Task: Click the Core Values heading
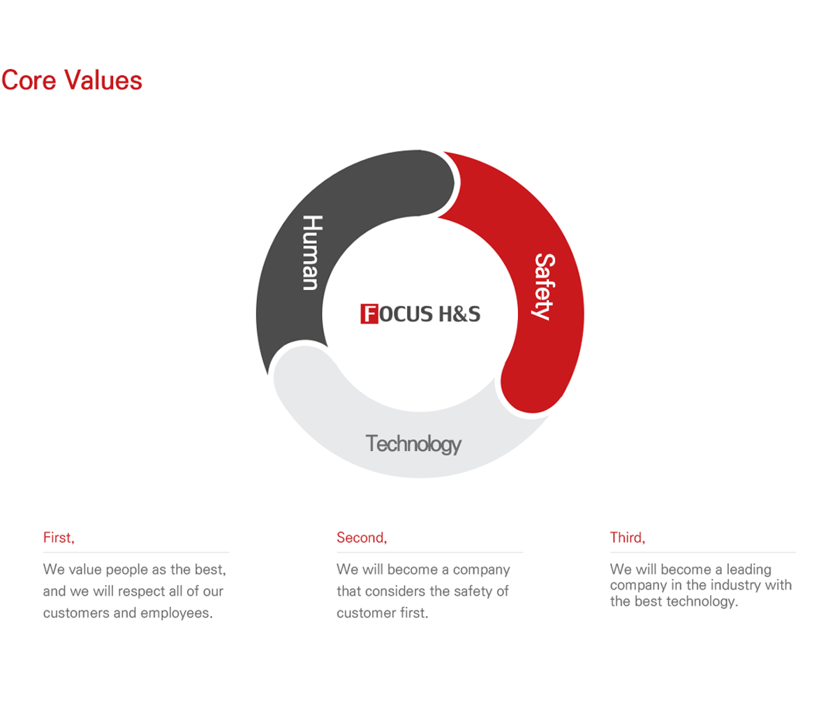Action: click(72, 80)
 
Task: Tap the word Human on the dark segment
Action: click(312, 252)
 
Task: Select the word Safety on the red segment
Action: click(544, 287)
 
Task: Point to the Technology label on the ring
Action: click(413, 444)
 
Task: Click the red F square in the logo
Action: click(369, 314)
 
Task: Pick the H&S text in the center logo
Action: click(459, 314)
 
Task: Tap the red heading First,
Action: click(59, 538)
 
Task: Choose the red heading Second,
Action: click(362, 538)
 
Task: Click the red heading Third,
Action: click(628, 538)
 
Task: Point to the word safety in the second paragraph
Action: click(473, 591)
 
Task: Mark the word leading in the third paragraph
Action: click(749, 569)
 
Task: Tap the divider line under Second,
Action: click(430, 553)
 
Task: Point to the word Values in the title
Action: click(103, 80)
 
